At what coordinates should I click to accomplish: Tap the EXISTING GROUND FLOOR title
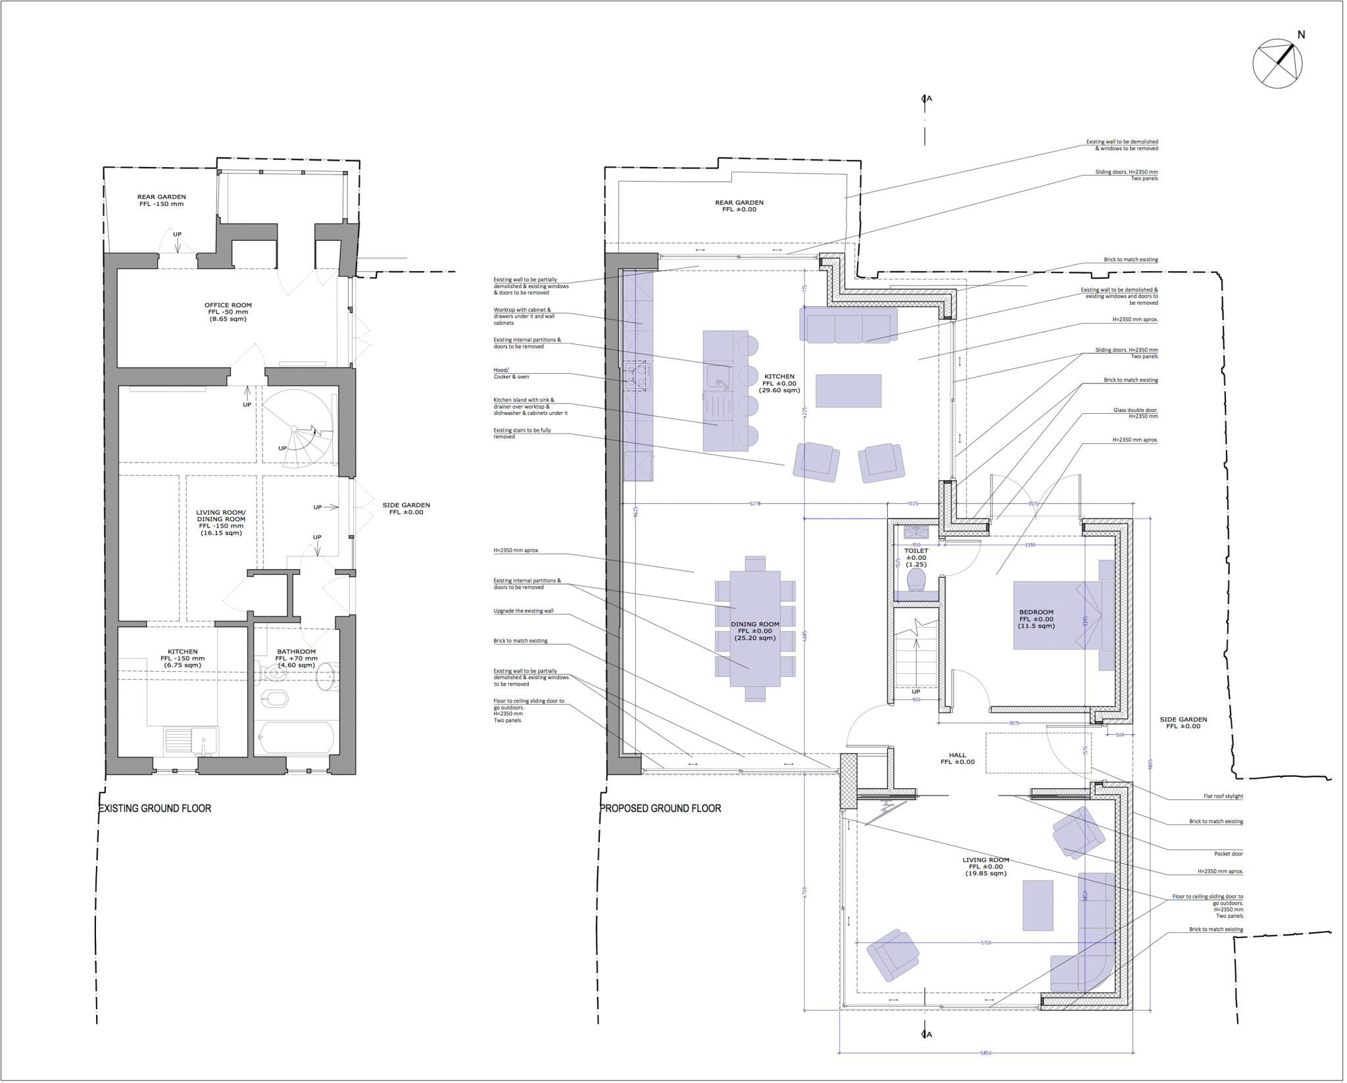point(155,808)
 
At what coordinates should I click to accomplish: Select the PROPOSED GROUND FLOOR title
point(660,808)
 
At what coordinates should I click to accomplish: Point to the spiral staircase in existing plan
point(299,428)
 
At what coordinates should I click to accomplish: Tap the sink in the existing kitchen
point(191,740)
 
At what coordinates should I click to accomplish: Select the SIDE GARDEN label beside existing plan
point(406,509)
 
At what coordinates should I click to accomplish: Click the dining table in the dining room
point(754,628)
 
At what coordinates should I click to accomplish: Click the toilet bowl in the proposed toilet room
point(916,580)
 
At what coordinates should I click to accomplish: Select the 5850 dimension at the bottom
point(986,1053)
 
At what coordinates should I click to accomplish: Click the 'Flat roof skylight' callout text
point(1223,796)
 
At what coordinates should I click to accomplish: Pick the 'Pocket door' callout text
point(1229,853)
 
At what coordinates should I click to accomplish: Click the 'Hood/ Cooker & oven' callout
point(511,373)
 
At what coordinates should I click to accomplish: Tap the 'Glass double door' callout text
point(1135,413)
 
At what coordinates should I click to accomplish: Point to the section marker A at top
point(927,99)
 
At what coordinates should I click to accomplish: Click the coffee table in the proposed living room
point(1038,906)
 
